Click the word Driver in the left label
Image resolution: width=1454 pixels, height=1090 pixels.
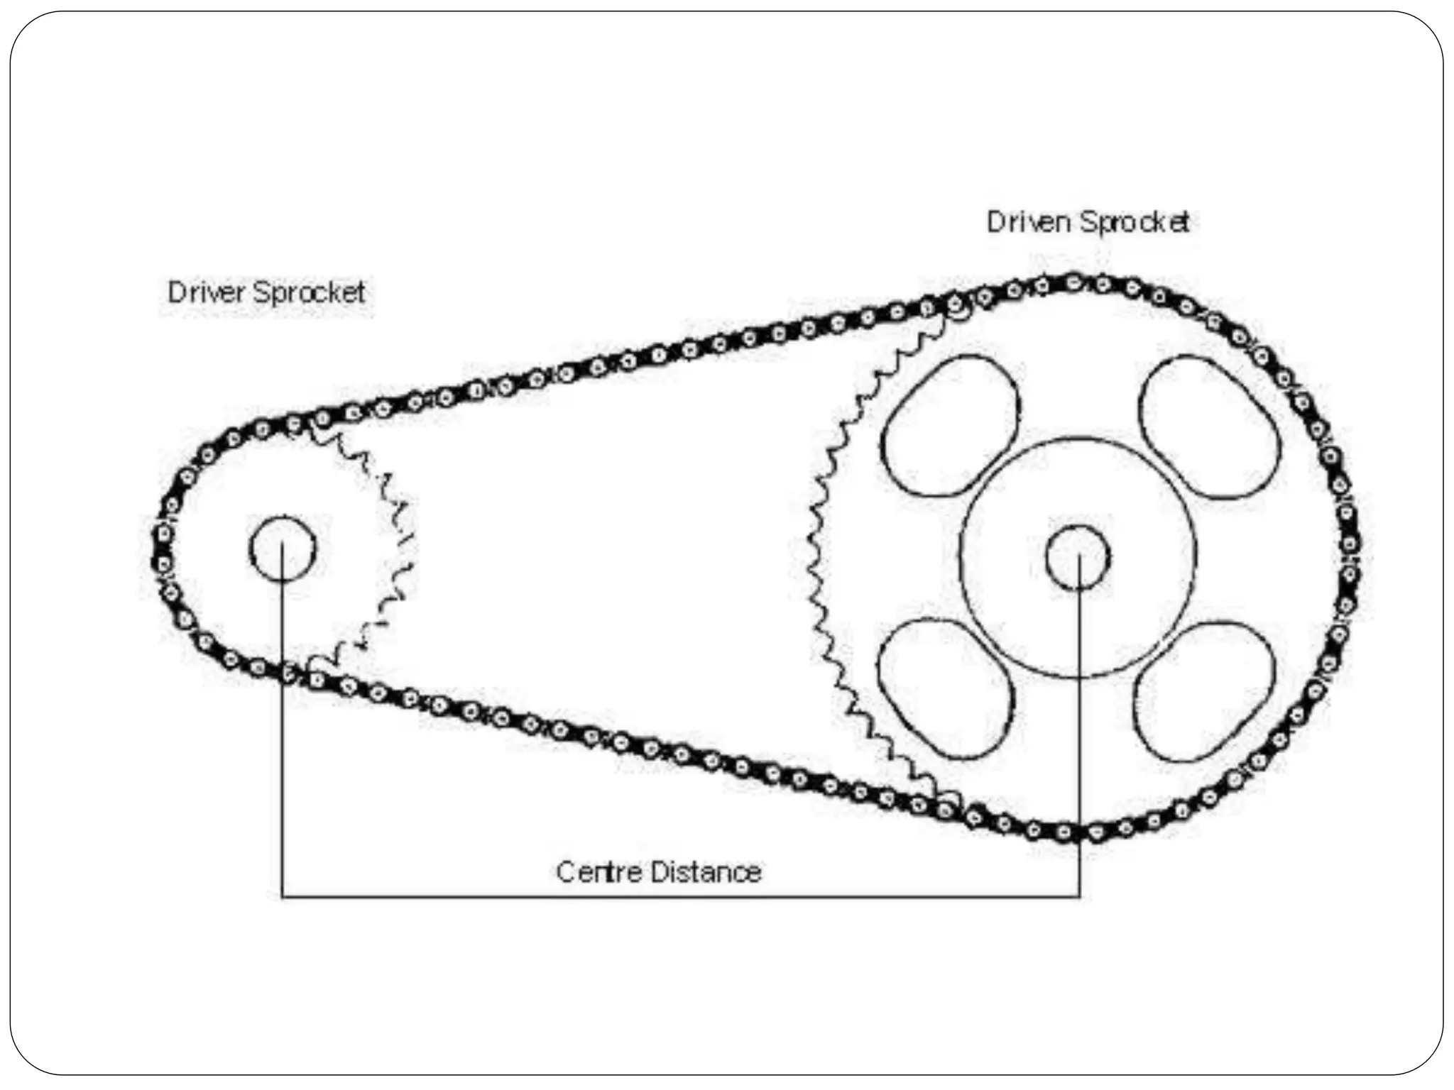pyautogui.click(x=206, y=292)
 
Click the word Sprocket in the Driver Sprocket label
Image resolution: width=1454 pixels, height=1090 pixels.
pyautogui.click(x=308, y=292)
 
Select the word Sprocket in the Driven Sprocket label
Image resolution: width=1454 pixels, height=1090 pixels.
pyautogui.click(x=1134, y=222)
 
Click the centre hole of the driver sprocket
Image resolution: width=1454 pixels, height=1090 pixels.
pyautogui.click(x=283, y=549)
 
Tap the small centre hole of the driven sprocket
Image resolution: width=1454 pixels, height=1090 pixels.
pyautogui.click(x=1078, y=557)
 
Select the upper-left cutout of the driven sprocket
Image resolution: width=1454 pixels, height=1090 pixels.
pyautogui.click(x=949, y=425)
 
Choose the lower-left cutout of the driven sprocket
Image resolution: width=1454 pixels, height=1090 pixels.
pyautogui.click(x=944, y=688)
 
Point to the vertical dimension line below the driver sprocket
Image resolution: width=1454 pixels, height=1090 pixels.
pyautogui.click(x=283, y=781)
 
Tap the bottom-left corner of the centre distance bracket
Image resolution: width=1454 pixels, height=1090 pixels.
pyautogui.click(x=283, y=897)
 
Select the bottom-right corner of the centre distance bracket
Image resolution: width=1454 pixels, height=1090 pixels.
pyautogui.click(x=1079, y=897)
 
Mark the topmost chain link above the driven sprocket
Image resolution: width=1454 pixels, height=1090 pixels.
pyautogui.click(x=1073, y=282)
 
